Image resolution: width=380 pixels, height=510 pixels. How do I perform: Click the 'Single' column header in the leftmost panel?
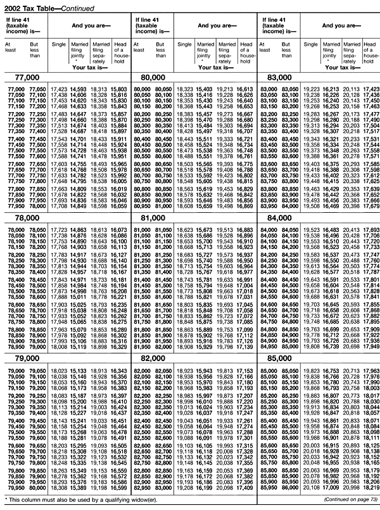point(59,44)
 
